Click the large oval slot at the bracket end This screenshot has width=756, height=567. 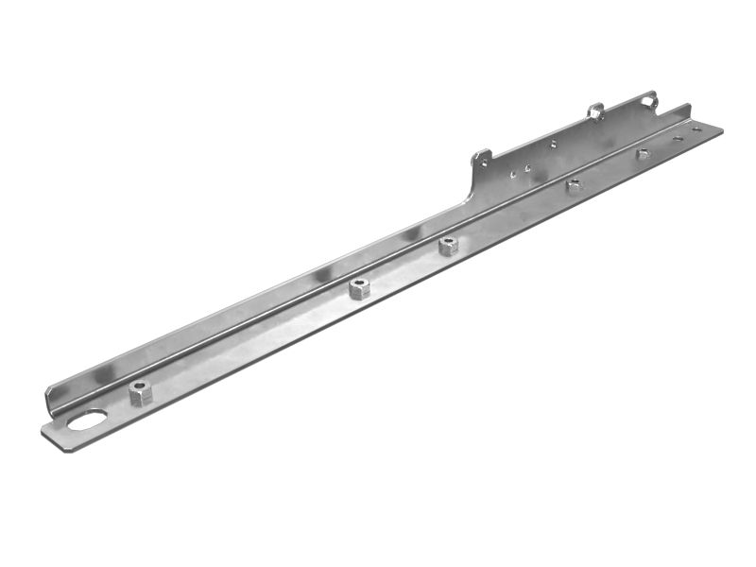click(x=87, y=420)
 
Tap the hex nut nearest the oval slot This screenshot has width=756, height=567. click(x=140, y=391)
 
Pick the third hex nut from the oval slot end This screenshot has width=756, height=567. click(x=448, y=246)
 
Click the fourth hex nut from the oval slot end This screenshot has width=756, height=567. click(x=574, y=185)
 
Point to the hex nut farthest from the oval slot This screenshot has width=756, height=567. click(x=643, y=153)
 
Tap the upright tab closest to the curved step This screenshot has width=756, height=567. click(x=482, y=158)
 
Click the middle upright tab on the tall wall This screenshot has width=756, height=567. click(x=594, y=112)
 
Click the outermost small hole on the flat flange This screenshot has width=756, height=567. click(x=696, y=129)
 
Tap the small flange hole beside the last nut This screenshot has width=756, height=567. click(x=677, y=138)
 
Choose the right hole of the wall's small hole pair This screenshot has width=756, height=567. click(x=526, y=169)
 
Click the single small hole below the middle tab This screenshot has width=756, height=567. click(x=554, y=145)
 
